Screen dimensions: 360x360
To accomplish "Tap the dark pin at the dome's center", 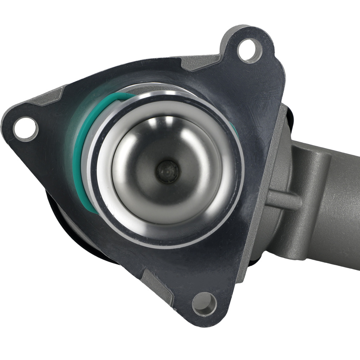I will [168, 171].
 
